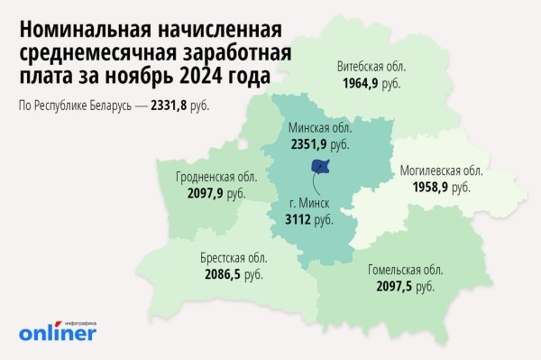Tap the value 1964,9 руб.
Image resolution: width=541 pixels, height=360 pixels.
pyautogui.click(x=371, y=83)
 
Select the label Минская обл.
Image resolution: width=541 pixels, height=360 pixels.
pyautogui.click(x=315, y=128)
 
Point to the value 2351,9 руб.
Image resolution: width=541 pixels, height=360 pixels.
pyautogui.click(x=316, y=143)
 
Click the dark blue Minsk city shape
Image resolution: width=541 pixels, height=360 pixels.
pyautogui.click(x=320, y=166)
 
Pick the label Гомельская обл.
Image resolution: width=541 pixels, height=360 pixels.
pyautogui.click(x=405, y=270)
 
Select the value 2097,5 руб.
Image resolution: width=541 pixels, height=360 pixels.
pyautogui.click(x=405, y=286)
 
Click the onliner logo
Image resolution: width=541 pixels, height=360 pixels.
pyautogui.click(x=57, y=332)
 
